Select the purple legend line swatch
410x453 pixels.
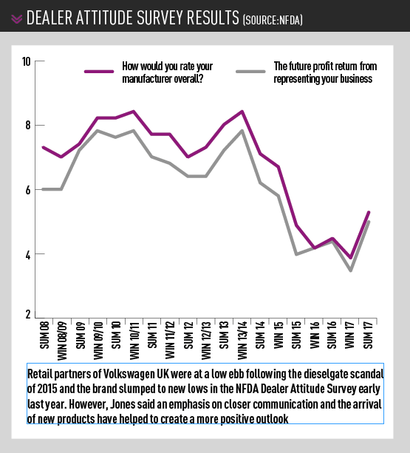click(100, 72)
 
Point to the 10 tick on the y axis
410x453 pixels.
click(26, 61)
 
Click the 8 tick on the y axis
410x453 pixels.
click(27, 126)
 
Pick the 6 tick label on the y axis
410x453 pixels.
click(27, 190)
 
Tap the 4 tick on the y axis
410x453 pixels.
click(27, 254)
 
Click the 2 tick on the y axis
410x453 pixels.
click(27, 315)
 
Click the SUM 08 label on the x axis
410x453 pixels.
click(44, 339)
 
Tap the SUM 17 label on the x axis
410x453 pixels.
click(368, 339)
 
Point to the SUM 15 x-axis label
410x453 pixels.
click(296, 339)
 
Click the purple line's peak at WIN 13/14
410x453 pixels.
click(242, 112)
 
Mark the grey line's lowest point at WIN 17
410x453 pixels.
click(350, 270)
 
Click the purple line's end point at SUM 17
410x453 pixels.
click(369, 212)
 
